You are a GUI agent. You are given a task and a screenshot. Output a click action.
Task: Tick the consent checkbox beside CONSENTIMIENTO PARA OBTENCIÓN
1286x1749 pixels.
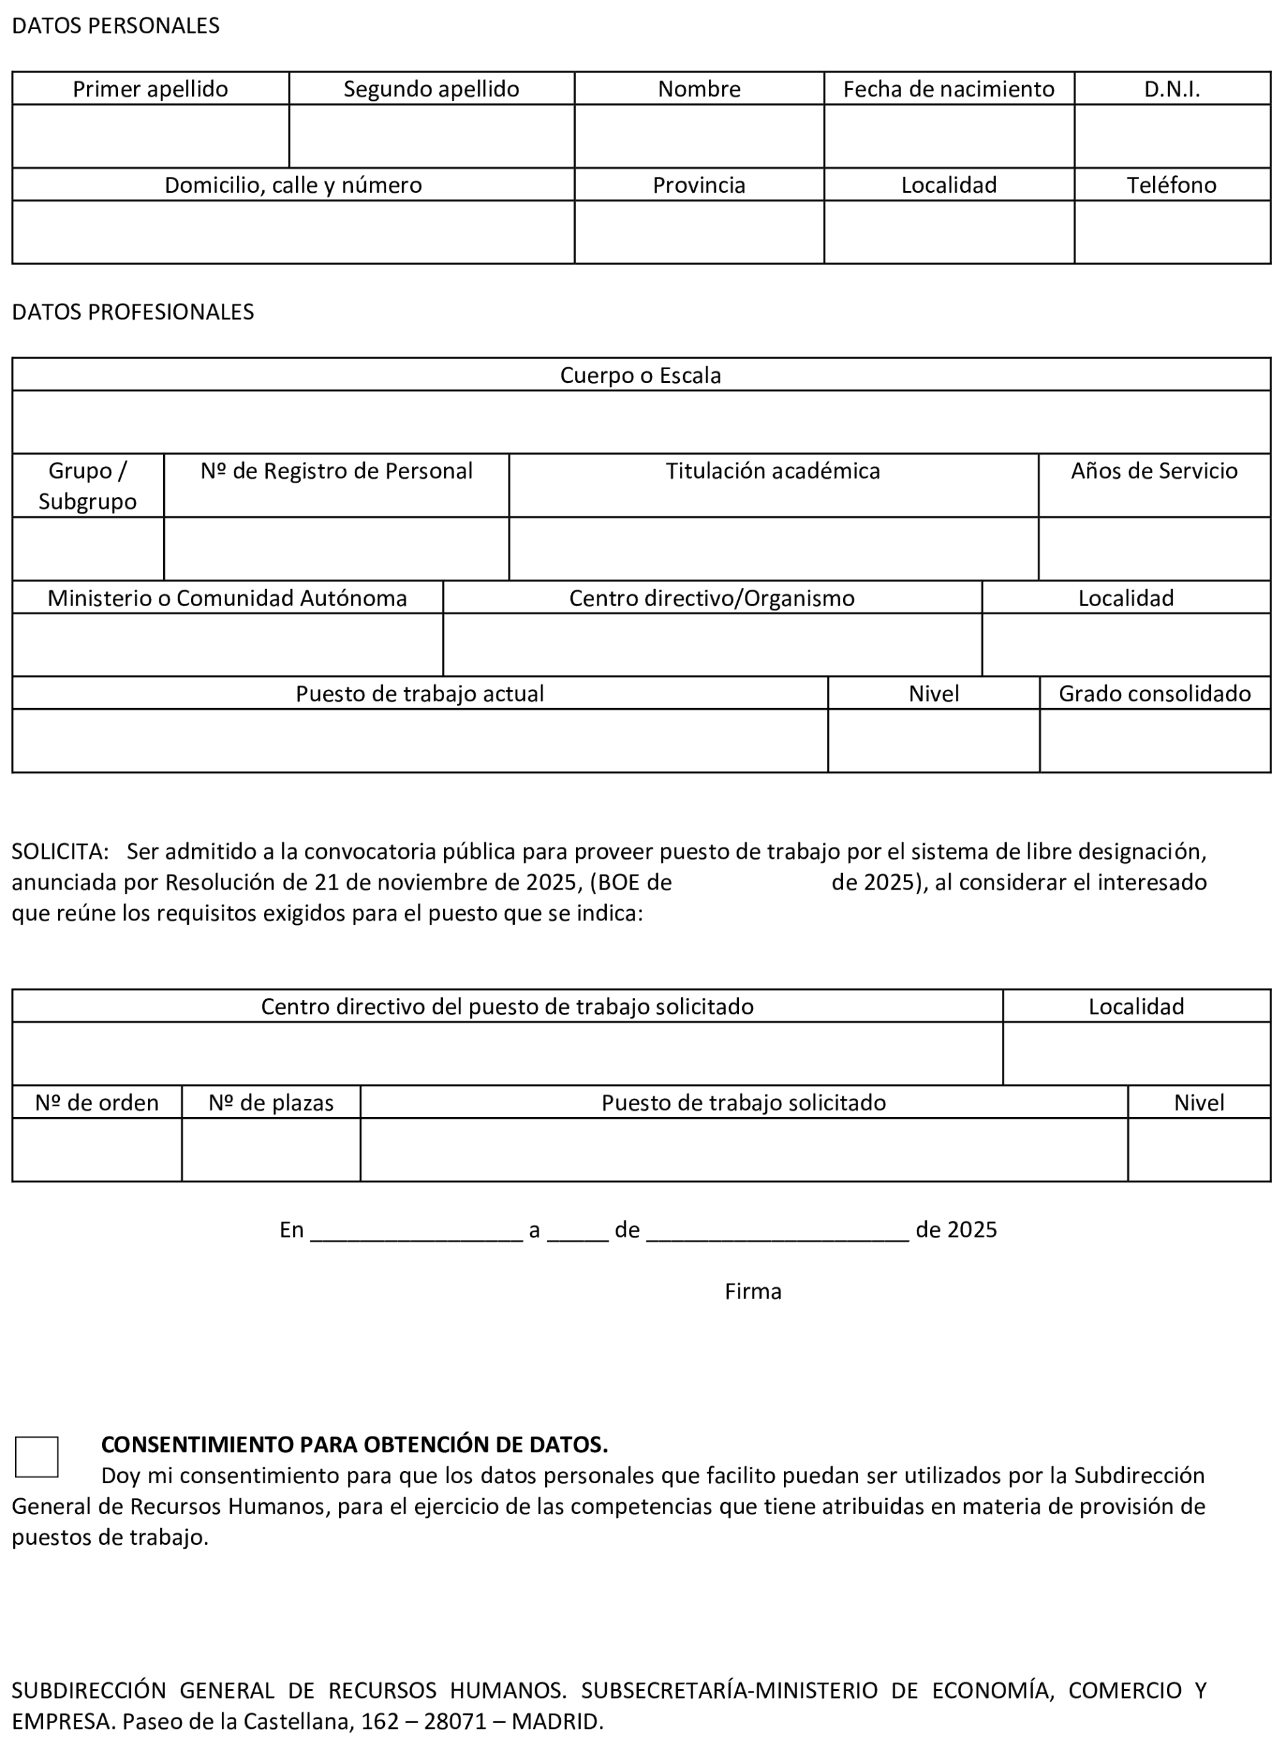pos(37,1456)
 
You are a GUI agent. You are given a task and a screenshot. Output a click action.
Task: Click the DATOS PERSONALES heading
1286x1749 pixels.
pos(116,26)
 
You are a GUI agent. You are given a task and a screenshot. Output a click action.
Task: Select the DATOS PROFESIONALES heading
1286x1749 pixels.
pos(133,312)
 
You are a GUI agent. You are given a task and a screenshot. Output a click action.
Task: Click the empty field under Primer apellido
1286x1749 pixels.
pos(150,136)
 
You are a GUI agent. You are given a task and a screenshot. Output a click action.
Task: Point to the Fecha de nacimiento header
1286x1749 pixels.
pos(948,89)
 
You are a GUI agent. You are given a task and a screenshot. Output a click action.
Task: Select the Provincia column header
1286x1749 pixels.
pos(698,185)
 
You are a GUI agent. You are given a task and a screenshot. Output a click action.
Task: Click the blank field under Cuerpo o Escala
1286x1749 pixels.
pos(641,422)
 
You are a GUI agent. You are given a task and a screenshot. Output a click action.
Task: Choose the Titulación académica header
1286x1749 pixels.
pos(772,471)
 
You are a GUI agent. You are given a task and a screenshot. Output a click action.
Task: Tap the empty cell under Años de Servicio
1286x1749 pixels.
pos(1154,549)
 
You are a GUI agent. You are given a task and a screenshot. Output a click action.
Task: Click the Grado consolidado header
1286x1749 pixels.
pos(1154,694)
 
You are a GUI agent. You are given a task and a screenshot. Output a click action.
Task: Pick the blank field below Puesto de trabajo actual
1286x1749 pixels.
pos(420,740)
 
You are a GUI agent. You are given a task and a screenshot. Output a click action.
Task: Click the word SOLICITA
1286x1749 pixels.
pos(59,852)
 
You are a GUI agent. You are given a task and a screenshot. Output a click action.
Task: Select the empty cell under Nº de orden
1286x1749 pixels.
pos(96,1150)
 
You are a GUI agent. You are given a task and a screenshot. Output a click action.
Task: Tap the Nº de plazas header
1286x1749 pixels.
pos(271,1103)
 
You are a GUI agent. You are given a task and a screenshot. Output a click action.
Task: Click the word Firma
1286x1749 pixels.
pos(753,1292)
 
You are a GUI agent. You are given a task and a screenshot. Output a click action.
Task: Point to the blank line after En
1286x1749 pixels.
pos(416,1231)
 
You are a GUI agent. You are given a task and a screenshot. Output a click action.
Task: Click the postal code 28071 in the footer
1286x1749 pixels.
pos(456,1721)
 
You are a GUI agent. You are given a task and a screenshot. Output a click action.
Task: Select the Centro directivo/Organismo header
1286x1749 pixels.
pos(711,598)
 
